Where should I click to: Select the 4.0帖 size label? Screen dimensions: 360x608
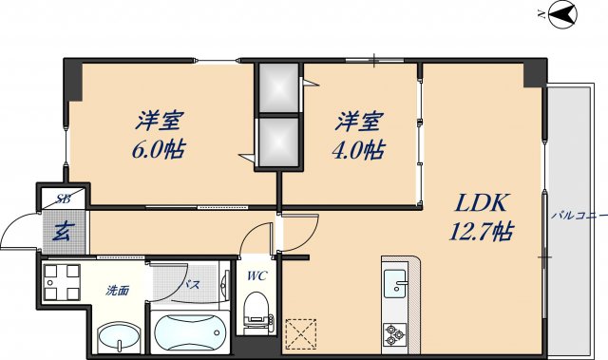click(359, 149)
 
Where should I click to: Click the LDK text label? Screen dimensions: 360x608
click(484, 202)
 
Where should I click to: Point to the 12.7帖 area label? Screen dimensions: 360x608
click(484, 230)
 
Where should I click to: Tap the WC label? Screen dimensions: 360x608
click(256, 276)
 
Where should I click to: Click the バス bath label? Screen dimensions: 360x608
click(191, 284)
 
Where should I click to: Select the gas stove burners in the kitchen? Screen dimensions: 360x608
click(394, 332)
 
